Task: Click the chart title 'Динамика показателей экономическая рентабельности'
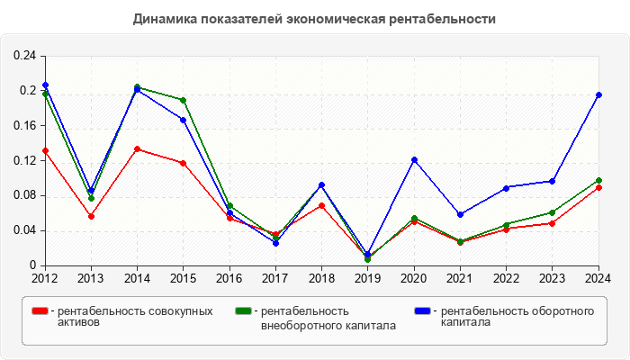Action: click(x=314, y=19)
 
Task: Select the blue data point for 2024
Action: click(x=598, y=94)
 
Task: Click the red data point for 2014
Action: click(x=137, y=149)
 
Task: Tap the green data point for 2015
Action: click(x=183, y=100)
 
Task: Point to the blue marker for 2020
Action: click(x=414, y=160)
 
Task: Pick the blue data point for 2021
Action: click(x=460, y=214)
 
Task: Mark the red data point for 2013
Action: click(x=91, y=216)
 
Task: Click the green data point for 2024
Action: click(x=598, y=181)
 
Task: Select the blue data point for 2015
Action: click(x=183, y=120)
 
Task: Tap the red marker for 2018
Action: click(x=321, y=206)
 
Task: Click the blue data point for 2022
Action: click(x=507, y=187)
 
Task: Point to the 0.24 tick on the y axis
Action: click(x=24, y=56)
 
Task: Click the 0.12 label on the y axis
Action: click(x=24, y=161)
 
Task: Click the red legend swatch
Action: click(x=40, y=311)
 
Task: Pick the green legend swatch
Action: click(x=243, y=311)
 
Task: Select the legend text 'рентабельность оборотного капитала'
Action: click(x=517, y=317)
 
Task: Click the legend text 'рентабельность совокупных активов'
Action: click(x=134, y=317)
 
